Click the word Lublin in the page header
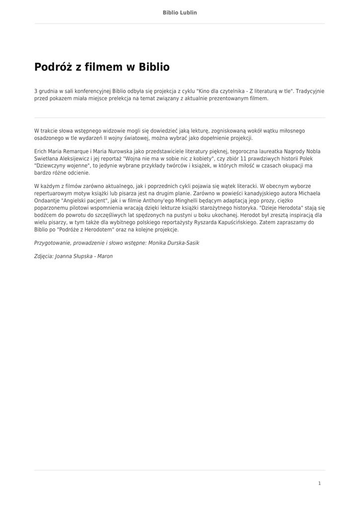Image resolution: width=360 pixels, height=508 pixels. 188,12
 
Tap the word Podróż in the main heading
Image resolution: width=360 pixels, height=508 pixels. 53,67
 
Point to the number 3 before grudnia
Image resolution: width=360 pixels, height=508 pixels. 36,91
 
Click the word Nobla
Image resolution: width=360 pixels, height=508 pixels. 310,151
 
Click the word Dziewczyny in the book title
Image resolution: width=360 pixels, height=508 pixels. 52,166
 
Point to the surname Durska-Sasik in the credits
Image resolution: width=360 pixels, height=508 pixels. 177,243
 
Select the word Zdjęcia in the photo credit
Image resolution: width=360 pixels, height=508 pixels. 44,256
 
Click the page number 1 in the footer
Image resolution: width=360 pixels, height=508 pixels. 320,483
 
